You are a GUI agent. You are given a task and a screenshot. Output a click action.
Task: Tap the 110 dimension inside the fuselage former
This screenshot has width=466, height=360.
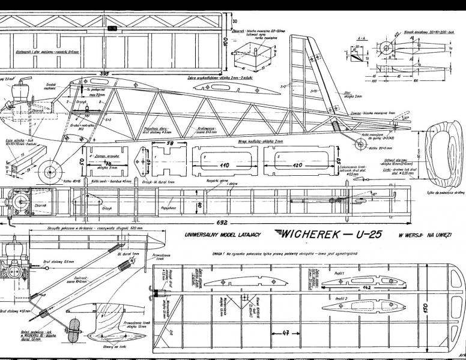point(225,164)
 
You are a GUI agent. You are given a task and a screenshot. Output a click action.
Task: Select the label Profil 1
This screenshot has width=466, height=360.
point(340,274)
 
